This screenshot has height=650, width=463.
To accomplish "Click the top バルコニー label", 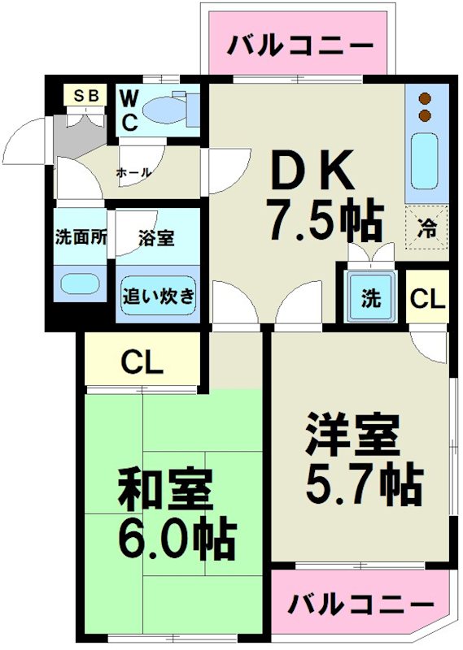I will click(299, 45).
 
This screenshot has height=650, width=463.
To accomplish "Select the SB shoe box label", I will click(86, 95).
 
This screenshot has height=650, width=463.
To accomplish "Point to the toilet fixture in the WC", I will click(172, 110).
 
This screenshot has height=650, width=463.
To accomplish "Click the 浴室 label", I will click(157, 239).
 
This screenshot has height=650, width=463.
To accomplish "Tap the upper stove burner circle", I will click(424, 99).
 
